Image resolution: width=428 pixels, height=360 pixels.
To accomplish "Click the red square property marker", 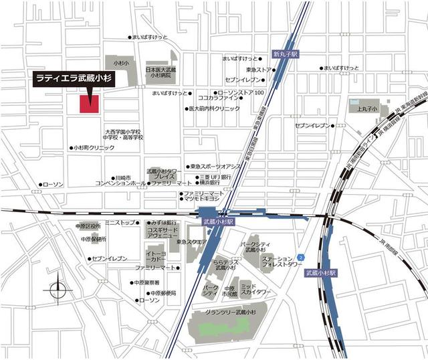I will coord(90,104).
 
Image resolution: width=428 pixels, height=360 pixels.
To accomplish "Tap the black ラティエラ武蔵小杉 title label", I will coord(74,78).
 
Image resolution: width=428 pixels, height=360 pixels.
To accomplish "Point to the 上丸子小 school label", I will coord(367,108).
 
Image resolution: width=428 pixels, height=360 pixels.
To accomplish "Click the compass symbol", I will coord(58,290).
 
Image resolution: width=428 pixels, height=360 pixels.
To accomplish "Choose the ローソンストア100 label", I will coord(243,92).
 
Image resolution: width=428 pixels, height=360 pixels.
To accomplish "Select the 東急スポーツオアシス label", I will coord(216,165).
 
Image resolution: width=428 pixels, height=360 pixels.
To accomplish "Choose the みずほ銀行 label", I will coord(163,222).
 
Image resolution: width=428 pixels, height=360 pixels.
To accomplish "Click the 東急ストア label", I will coord(258,70).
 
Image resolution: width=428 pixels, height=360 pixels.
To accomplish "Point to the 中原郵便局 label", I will coord(163,292).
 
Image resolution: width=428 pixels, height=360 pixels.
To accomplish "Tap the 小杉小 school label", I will coord(120,62).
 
